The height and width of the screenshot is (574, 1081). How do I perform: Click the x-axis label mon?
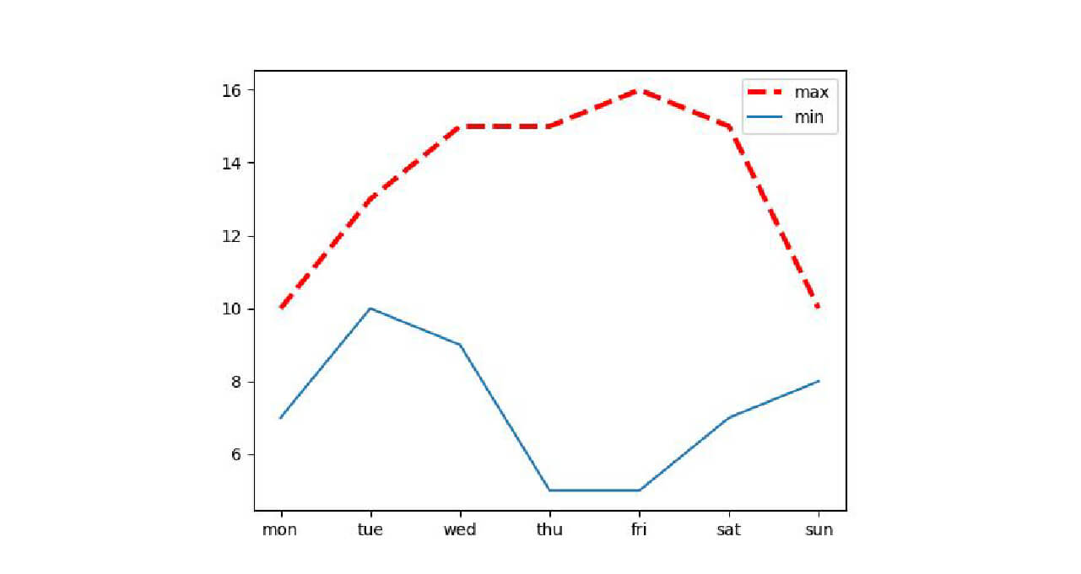pos(279,530)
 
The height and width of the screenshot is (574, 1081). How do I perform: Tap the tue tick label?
pos(370,530)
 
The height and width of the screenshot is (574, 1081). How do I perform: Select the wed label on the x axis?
pos(460,530)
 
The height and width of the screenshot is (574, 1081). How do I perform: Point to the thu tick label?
pos(549,530)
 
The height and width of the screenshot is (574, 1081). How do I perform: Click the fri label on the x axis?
pos(639,530)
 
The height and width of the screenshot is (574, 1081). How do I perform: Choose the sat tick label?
pos(728,530)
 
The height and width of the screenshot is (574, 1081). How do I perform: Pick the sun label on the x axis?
pos(819,530)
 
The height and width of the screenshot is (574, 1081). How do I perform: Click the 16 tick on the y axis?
pos(233,90)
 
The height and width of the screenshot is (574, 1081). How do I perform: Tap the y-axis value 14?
pos(233,163)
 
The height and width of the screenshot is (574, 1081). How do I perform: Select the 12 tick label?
pos(233,236)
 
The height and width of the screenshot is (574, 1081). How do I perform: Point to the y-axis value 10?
pos(233,309)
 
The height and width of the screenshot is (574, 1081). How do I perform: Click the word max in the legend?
pos(811,92)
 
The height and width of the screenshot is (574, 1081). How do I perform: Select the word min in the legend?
pos(809,118)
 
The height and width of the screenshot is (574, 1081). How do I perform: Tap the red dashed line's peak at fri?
pos(639,89)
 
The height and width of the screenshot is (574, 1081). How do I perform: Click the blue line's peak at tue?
pos(370,308)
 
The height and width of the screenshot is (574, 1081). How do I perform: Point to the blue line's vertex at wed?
pos(460,345)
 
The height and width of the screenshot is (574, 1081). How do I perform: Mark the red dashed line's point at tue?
pos(370,199)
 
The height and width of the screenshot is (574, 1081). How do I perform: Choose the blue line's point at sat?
pos(729,417)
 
